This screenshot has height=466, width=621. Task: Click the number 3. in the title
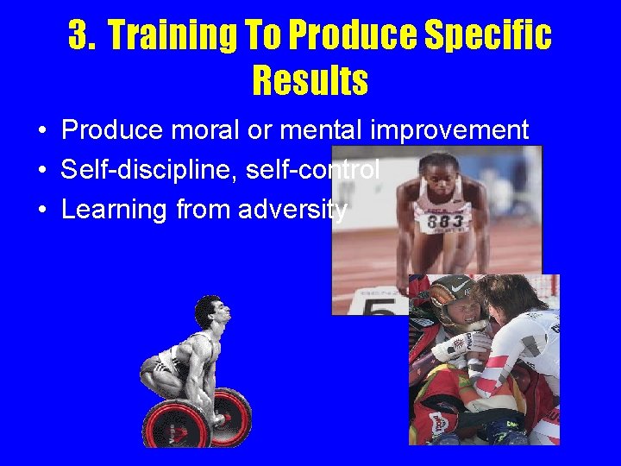[83, 36]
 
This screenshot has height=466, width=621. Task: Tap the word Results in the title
[310, 81]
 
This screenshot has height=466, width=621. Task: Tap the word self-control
[313, 170]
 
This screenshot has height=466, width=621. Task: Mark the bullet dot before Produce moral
[41, 131]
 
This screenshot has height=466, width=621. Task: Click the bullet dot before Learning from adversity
[41, 211]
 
